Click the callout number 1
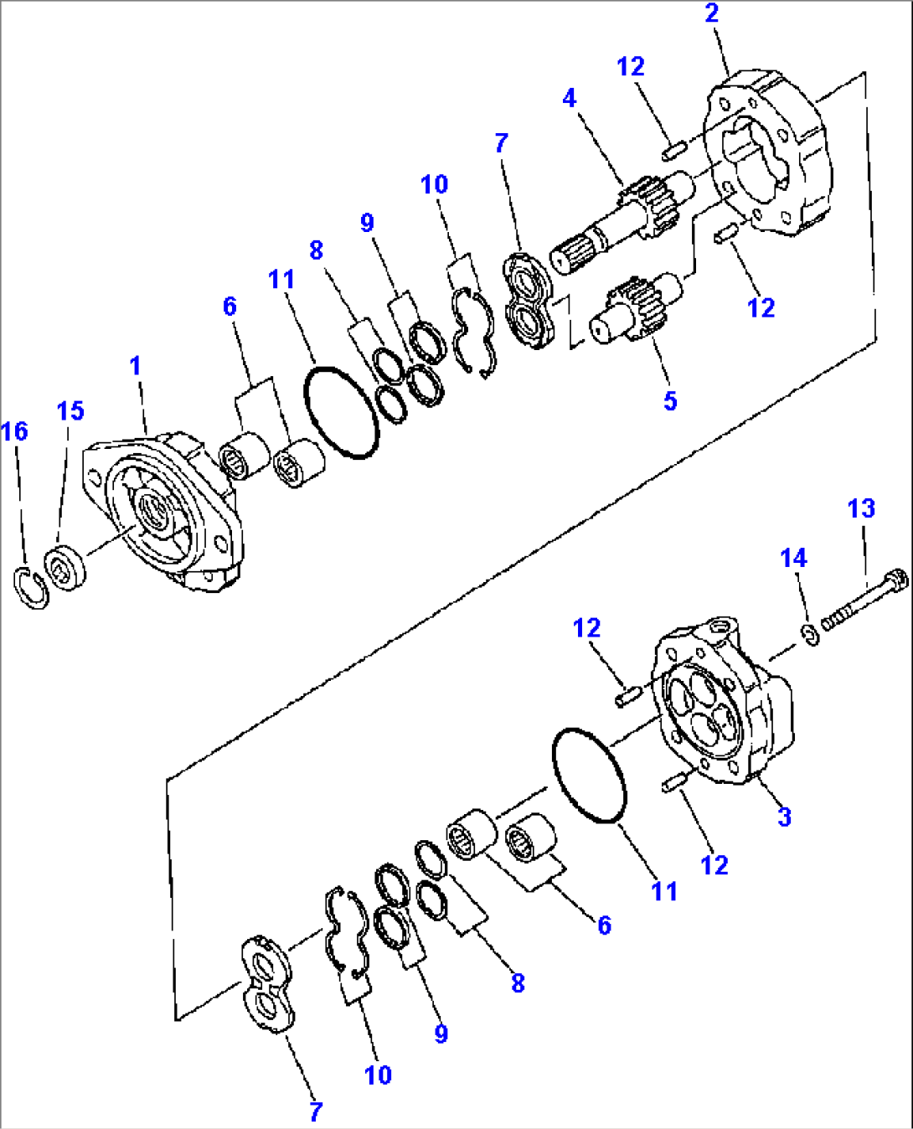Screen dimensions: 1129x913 coord(135,366)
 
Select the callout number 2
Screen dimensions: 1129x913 coord(711,13)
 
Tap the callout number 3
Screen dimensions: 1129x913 coord(784,817)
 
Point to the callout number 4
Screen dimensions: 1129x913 coord(570,98)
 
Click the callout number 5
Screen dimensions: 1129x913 coord(670,401)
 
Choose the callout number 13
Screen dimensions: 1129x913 coord(861,508)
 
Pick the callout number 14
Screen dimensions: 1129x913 coord(793,558)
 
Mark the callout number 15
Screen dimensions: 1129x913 coord(70,410)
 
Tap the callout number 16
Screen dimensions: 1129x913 coord(14,431)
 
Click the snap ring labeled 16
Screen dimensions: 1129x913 coord(32,587)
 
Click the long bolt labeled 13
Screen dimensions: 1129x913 coord(863,601)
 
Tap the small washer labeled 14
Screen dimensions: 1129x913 coord(809,637)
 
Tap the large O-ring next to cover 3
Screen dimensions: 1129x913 coord(590,775)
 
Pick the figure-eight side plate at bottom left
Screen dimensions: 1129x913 coord(267,983)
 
